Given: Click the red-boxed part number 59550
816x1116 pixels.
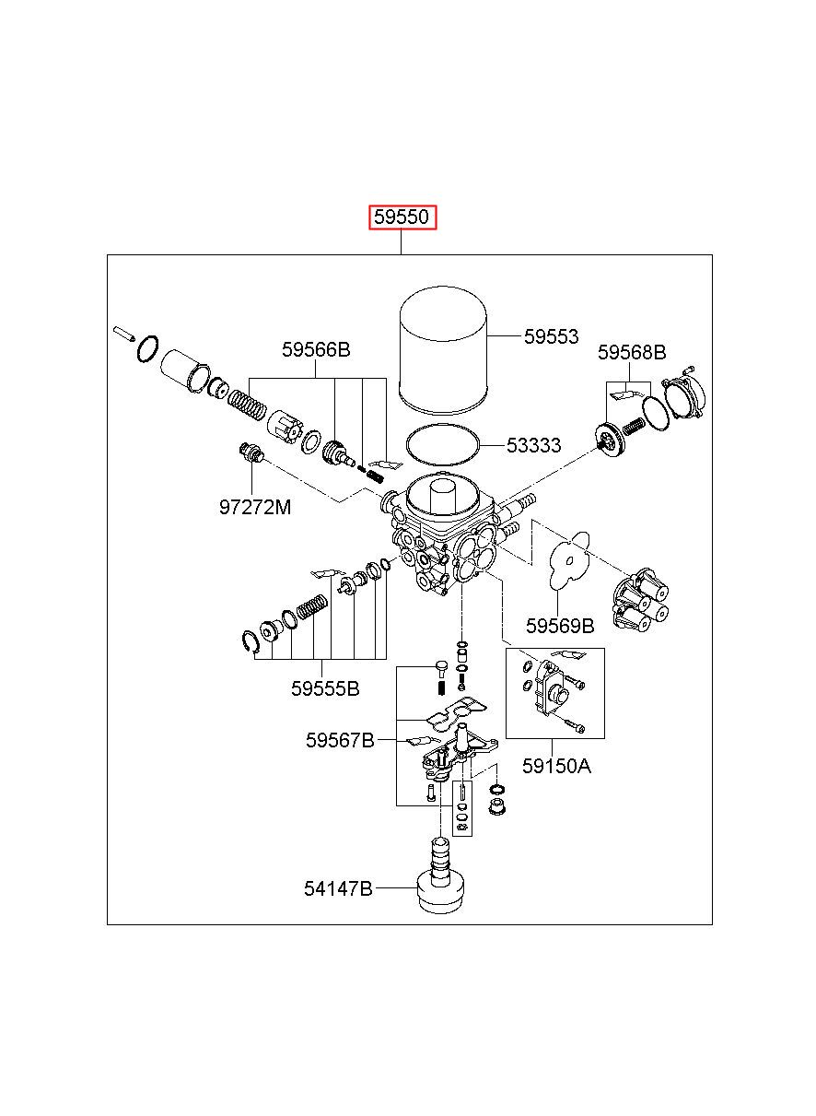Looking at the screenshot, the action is pos(402,217).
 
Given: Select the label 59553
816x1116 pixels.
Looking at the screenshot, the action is pos(551,336).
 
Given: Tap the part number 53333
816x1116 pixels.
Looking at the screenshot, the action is pos(533,445).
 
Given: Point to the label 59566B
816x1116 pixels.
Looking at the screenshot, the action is pos(316,349).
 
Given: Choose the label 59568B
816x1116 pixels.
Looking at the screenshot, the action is pos(631,352).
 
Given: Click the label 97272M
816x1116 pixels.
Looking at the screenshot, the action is pos(255,508).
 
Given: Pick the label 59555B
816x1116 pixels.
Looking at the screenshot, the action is pos(324,689).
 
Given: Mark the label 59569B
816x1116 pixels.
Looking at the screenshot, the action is pos(560,627).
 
